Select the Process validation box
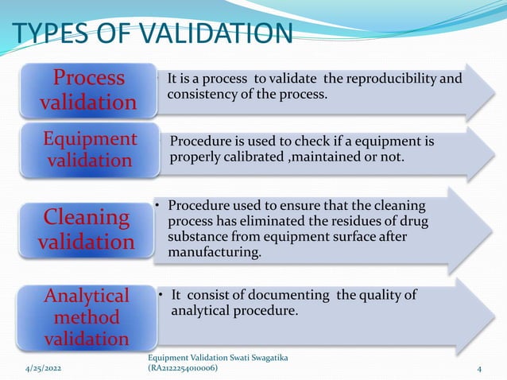pyautogui.click(x=88, y=90)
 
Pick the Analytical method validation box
pyautogui.click(x=88, y=317)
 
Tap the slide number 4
pyautogui.click(x=480, y=369)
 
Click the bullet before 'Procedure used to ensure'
pyautogui.click(x=159, y=205)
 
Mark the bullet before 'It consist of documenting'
pyautogui.click(x=161, y=296)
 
